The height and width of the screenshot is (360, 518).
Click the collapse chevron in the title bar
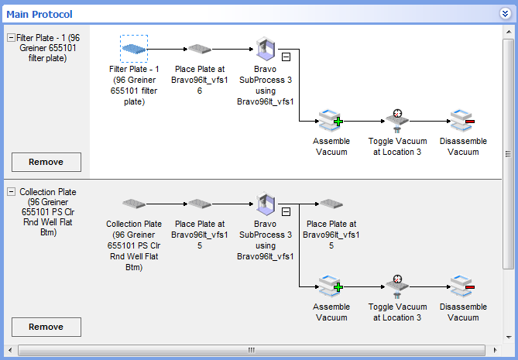(505, 12)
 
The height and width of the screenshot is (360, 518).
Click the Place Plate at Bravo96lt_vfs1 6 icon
(200, 50)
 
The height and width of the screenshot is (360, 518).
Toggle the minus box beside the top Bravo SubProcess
(286, 57)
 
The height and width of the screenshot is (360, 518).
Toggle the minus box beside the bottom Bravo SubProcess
(286, 211)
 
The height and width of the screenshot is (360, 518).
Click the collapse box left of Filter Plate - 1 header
(11, 37)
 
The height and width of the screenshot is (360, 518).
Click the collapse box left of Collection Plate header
(11, 191)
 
